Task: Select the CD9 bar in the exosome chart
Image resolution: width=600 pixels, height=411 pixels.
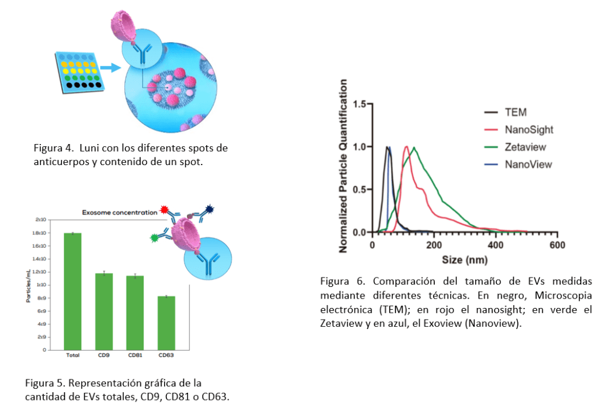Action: [104, 311]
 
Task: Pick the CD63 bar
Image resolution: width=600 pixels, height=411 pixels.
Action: [166, 323]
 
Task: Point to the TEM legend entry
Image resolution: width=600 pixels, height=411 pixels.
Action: [516, 112]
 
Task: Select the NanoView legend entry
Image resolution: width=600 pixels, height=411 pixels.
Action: [528, 165]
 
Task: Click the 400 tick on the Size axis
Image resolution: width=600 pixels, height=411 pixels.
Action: [496, 245]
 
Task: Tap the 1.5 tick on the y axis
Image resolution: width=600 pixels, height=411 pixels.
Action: [358, 104]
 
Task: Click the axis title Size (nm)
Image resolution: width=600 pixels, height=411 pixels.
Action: [464, 259]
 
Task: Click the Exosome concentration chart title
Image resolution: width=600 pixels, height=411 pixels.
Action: [120, 213]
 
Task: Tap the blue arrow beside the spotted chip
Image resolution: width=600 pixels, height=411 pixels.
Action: [110, 68]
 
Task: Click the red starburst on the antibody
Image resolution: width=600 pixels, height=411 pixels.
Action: [164, 209]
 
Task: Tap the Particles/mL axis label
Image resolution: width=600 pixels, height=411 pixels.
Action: [28, 285]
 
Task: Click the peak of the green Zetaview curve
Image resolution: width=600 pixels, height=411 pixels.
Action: [414, 148]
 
